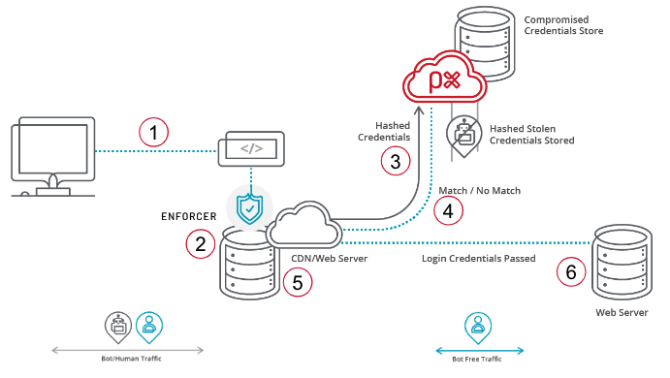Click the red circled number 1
(x=154, y=132)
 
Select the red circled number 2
(x=201, y=244)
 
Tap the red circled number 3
(x=396, y=161)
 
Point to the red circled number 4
(x=448, y=210)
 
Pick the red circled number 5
(x=298, y=282)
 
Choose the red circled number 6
(x=571, y=272)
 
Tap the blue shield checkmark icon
(x=249, y=208)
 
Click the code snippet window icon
(x=251, y=148)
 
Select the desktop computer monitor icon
(x=53, y=157)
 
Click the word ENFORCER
(x=189, y=216)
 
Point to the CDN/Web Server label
(x=329, y=259)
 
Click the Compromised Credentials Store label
(x=563, y=25)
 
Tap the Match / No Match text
(x=479, y=191)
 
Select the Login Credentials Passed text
(x=479, y=259)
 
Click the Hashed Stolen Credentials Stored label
(x=532, y=135)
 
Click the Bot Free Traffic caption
(x=477, y=360)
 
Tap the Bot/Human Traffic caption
(x=131, y=359)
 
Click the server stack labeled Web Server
(x=622, y=263)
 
